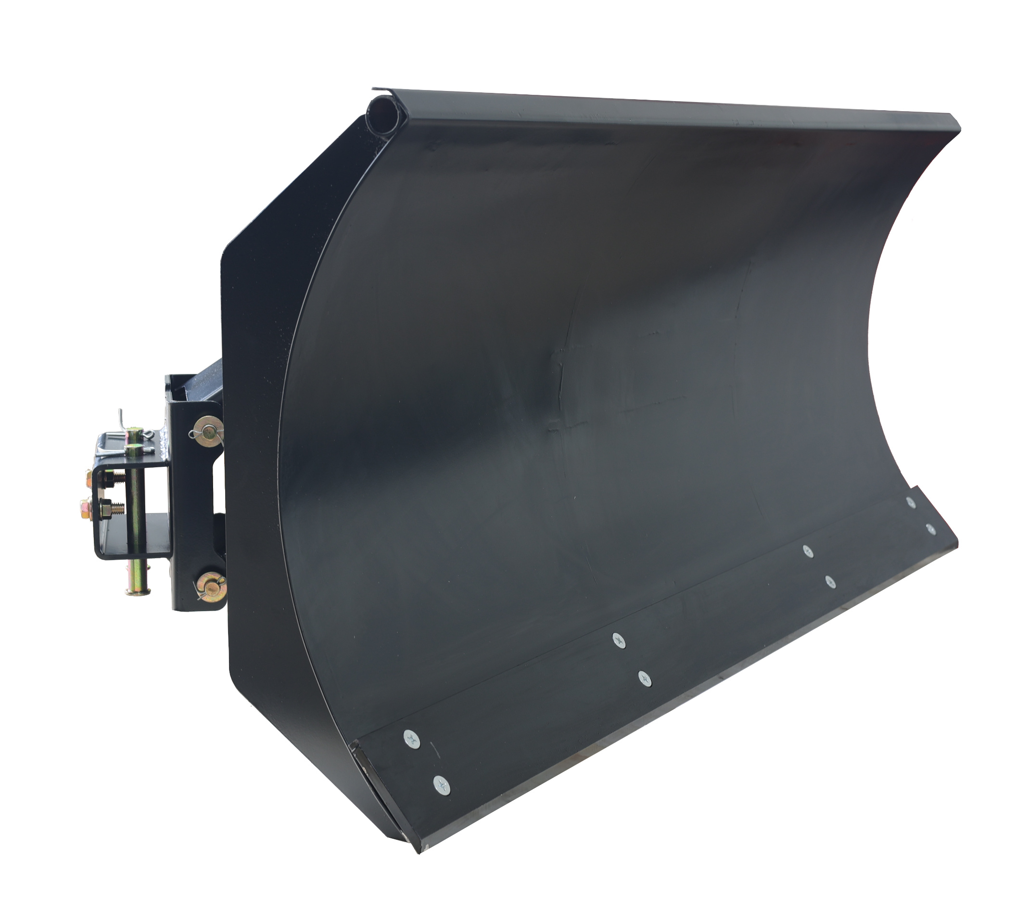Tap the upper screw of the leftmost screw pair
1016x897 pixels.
[x=412, y=739]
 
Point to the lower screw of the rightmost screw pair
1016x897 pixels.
[x=930, y=529]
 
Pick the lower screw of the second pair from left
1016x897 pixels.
[x=644, y=678]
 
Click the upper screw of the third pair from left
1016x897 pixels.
[x=808, y=551]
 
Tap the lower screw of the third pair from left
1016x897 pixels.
[x=830, y=581]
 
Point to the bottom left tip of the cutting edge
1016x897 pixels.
[x=419, y=851]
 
